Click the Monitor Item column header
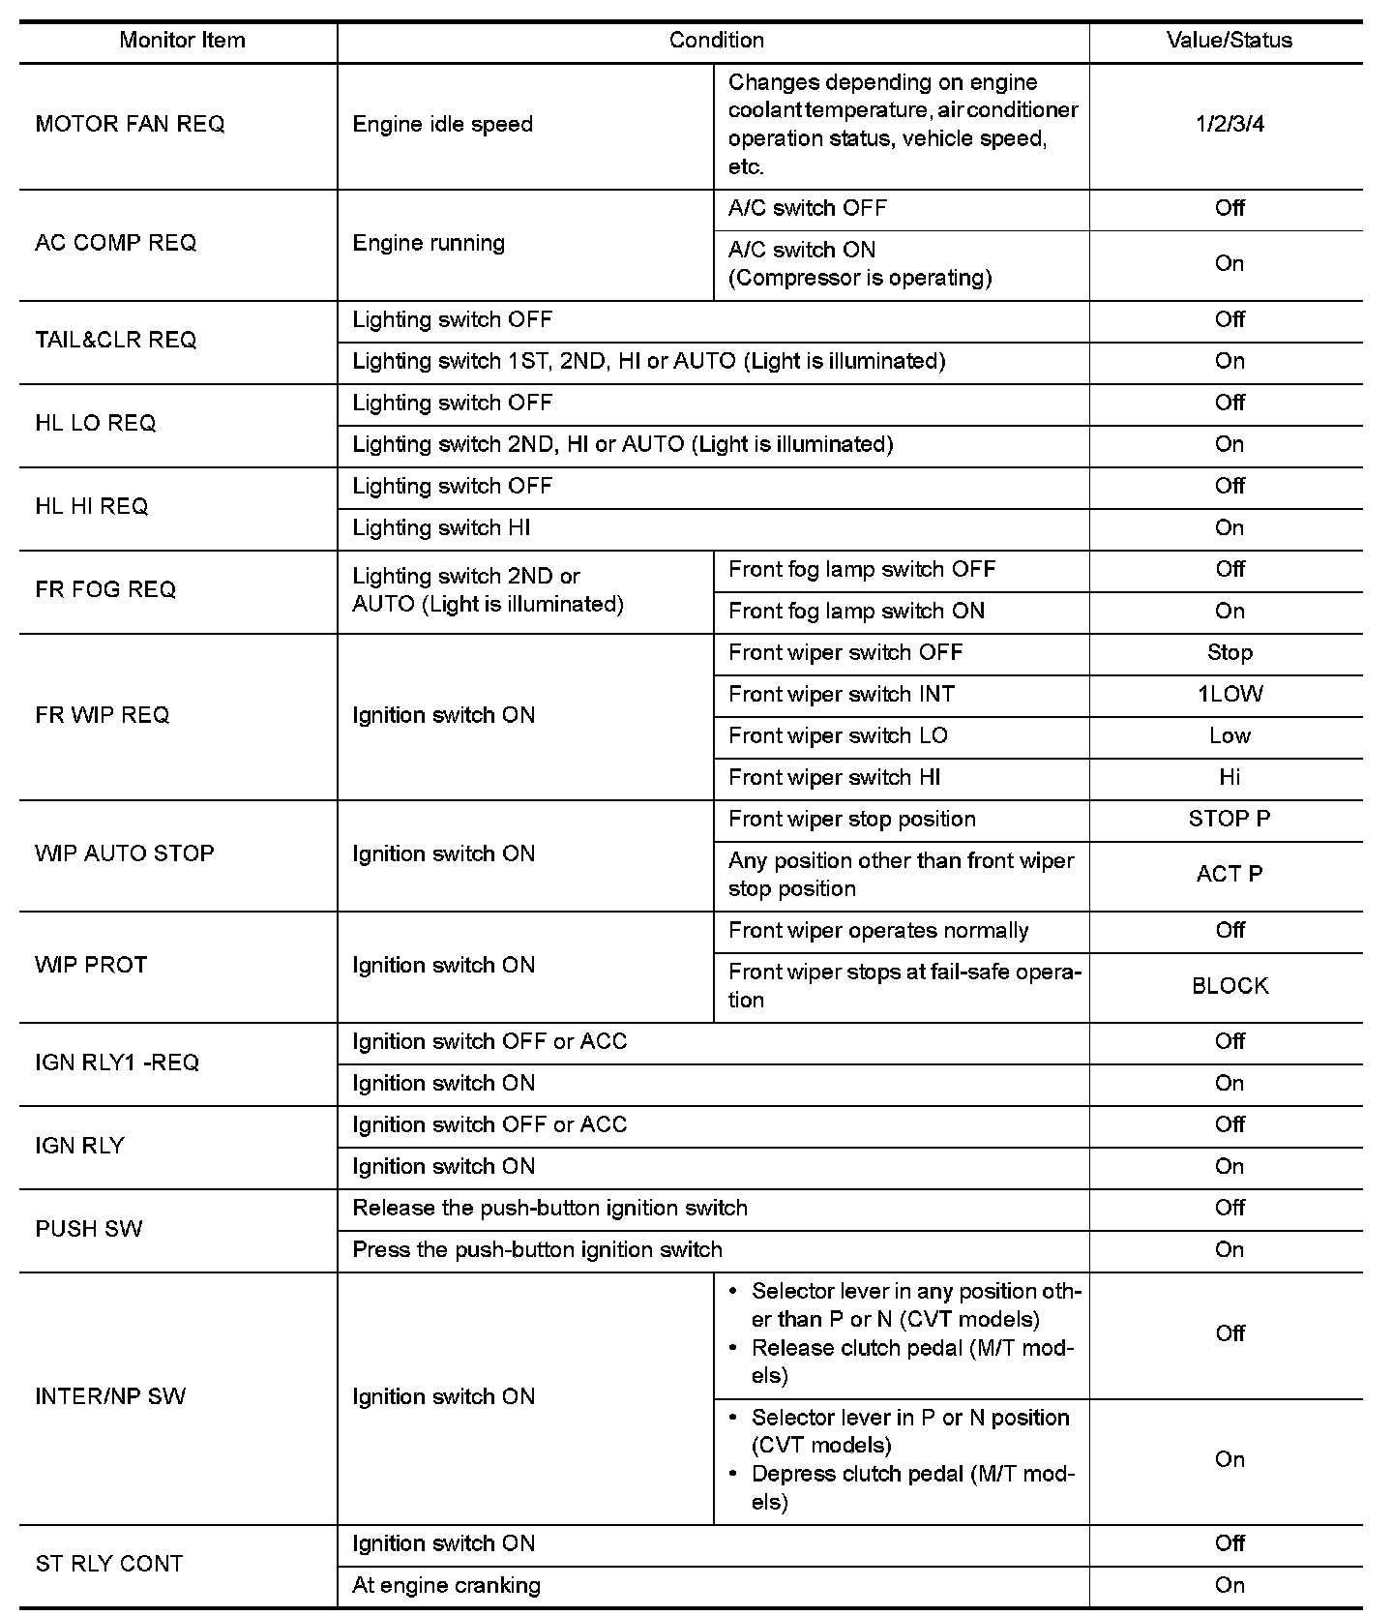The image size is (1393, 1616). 182,41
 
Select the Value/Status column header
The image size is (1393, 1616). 1229,41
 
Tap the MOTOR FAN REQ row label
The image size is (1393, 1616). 130,125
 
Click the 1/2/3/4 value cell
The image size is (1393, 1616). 1229,125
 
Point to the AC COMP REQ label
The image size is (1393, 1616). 115,244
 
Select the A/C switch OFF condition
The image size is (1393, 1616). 807,209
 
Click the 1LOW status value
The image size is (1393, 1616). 1230,695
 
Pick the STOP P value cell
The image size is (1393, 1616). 1229,820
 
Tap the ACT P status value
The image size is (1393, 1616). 1229,875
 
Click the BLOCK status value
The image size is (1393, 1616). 1230,986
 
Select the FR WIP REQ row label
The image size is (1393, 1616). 102,716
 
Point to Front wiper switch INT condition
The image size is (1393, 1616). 841,695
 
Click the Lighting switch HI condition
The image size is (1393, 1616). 441,528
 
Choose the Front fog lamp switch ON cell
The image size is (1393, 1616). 856,612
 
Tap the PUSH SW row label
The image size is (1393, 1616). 88,1230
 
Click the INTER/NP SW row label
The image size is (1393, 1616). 110,1397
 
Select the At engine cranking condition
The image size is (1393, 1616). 446,1586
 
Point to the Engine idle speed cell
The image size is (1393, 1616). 442,125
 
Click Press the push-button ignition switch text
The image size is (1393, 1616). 537,1250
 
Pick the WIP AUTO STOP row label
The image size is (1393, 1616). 124,854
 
